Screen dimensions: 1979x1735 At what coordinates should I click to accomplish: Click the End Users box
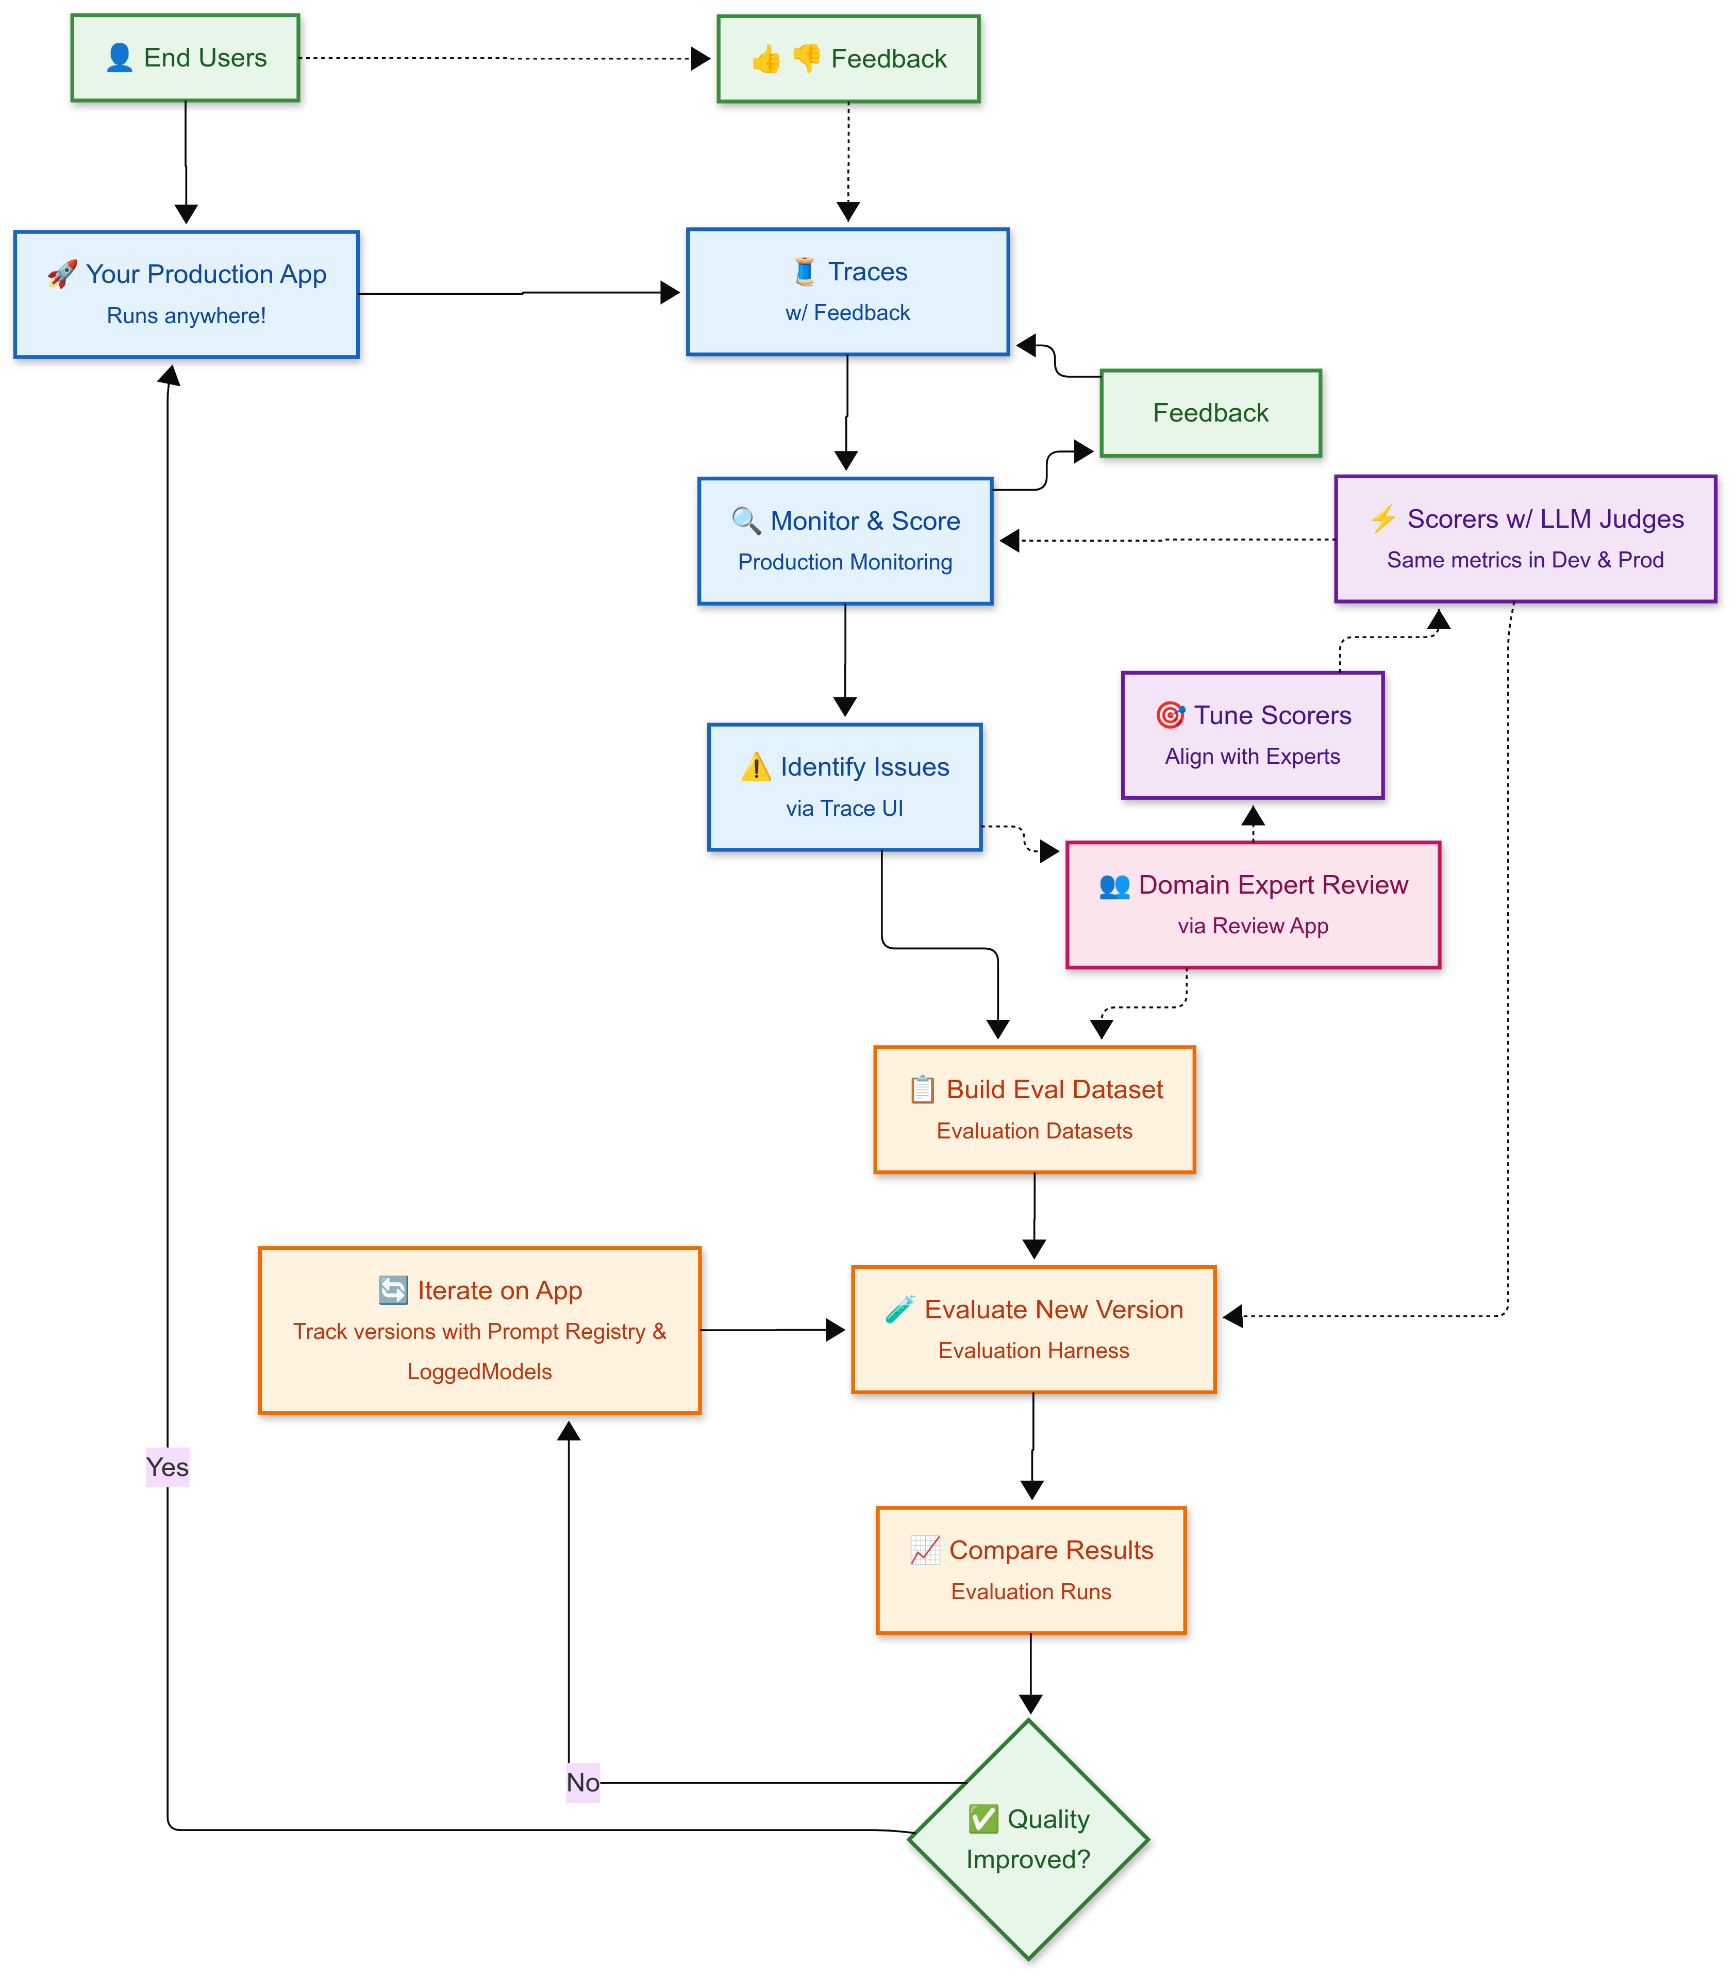[185, 58]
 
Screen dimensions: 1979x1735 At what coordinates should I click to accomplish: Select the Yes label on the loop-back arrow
[168, 1468]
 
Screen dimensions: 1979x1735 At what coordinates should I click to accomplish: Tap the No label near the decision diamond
[583, 1783]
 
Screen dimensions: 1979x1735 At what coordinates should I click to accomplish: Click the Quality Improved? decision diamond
[1028, 1839]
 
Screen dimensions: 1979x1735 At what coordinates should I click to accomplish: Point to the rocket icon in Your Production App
[62, 274]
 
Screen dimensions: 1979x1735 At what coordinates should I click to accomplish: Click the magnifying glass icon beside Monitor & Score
[745, 521]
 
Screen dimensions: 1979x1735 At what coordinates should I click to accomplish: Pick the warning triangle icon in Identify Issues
[755, 768]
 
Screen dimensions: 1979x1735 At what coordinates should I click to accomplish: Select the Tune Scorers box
[1253, 736]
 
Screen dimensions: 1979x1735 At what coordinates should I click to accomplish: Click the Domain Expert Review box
[1253, 905]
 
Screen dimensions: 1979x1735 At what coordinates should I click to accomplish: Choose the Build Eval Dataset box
[1034, 1110]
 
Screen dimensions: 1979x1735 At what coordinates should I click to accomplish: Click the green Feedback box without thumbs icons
[1210, 413]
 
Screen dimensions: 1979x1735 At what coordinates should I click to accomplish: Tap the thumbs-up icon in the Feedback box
[766, 59]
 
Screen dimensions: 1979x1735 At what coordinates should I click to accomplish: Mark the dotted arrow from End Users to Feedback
[504, 58]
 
